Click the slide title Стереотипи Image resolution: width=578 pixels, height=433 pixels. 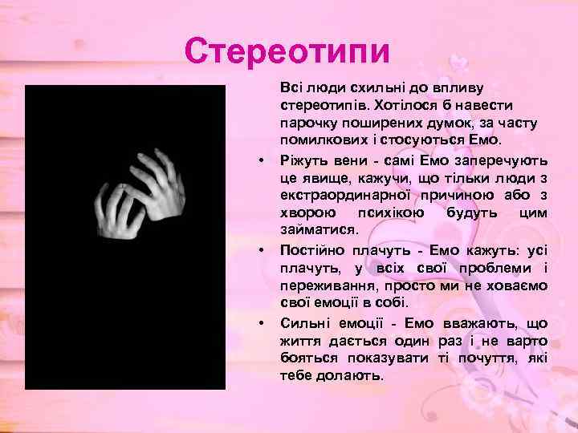tap(287, 51)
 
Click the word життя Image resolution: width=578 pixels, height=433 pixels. tap(300, 341)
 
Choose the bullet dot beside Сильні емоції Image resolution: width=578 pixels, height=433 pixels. tap(262, 324)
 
